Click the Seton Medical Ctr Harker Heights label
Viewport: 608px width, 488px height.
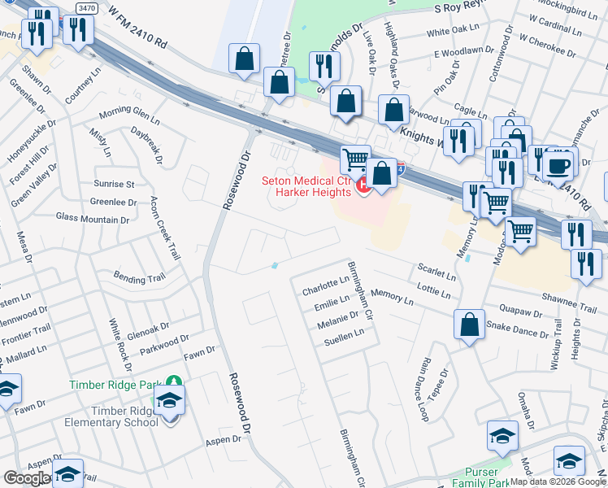[306, 186]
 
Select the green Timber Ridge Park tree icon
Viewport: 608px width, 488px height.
[173, 382]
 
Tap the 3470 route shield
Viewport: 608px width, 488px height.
[86, 8]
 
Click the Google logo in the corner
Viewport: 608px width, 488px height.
[27, 478]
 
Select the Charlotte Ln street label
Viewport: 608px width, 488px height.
[325, 290]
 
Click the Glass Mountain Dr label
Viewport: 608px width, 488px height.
[93, 219]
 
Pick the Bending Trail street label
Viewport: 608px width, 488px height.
[139, 278]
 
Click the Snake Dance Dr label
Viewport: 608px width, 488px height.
[517, 329]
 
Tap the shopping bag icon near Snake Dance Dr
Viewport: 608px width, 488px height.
[470, 325]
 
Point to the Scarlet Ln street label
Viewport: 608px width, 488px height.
[436, 271]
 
